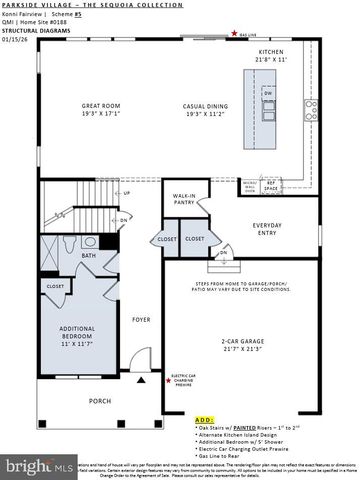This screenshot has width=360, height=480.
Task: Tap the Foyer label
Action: pos(140,319)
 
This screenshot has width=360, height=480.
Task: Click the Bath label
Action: pos(89,255)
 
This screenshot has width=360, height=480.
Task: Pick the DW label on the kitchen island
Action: pos(268,93)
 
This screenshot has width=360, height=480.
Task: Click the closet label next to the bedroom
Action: pos(55,286)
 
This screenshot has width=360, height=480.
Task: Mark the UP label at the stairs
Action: pos(125,193)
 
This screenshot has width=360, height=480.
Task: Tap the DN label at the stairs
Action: pos(123,219)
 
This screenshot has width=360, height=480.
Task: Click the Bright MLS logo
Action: pos(38,466)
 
